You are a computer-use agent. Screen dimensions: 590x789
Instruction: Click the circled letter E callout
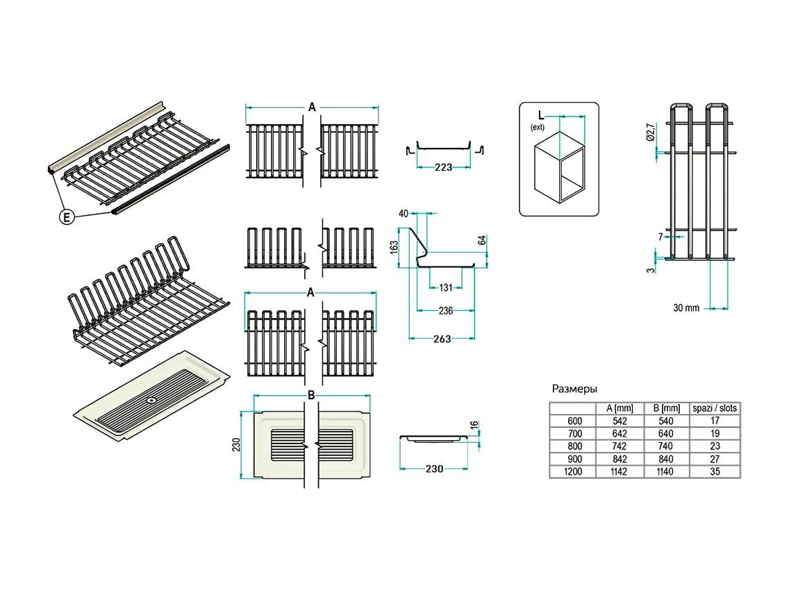(x=67, y=217)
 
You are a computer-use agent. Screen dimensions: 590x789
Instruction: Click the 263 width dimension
(x=442, y=339)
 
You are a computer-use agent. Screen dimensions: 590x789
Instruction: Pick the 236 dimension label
(x=445, y=311)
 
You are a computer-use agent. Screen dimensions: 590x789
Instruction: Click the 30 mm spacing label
(x=686, y=307)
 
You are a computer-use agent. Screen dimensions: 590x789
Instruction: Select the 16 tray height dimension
(x=474, y=425)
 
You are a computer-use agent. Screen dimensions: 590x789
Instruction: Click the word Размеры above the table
(x=574, y=389)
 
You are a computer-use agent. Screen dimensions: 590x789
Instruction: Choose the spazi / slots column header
(x=714, y=408)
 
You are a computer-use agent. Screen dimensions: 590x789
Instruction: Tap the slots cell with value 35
(x=715, y=471)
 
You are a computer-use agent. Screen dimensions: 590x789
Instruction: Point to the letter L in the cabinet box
(x=538, y=115)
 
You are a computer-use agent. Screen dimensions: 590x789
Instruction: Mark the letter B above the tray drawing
(x=312, y=395)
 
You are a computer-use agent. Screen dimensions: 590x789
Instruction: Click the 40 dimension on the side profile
(x=403, y=214)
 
